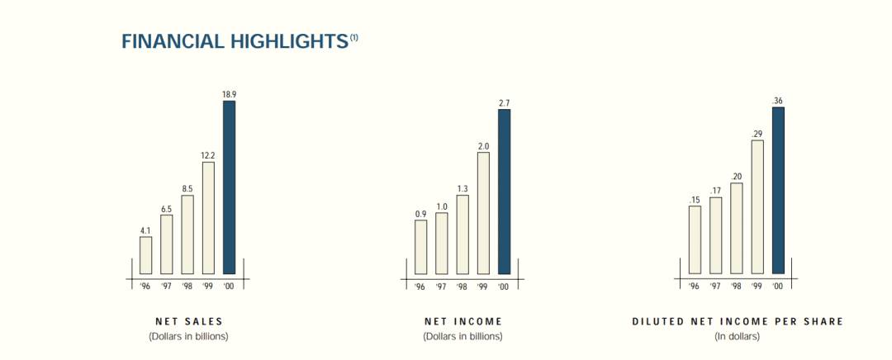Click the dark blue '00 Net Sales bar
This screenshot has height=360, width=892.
coord(229,187)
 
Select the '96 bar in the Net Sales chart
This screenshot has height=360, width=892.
coord(145,255)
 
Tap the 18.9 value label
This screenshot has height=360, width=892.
coord(229,95)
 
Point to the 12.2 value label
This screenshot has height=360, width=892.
coord(208,156)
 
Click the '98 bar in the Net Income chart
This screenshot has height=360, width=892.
coord(462,234)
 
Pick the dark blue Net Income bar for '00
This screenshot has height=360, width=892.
coord(504,192)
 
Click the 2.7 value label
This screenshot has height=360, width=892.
coord(504,103)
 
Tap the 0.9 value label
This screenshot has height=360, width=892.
coord(420,214)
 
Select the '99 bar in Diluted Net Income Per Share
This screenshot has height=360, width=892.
coord(757,207)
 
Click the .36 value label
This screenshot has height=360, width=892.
coord(778,101)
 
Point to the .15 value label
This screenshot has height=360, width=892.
coord(694,200)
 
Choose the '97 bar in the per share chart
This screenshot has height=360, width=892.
coord(715,235)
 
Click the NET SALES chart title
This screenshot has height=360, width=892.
coord(188,322)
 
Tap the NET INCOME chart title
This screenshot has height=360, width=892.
coord(463,322)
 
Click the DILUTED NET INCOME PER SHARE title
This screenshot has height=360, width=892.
coord(738,322)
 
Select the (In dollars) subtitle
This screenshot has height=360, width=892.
coord(738,336)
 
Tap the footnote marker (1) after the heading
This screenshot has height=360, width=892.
coord(353,37)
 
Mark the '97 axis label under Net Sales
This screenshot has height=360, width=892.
coord(166,287)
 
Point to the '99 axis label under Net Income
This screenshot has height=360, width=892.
coord(483,287)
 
